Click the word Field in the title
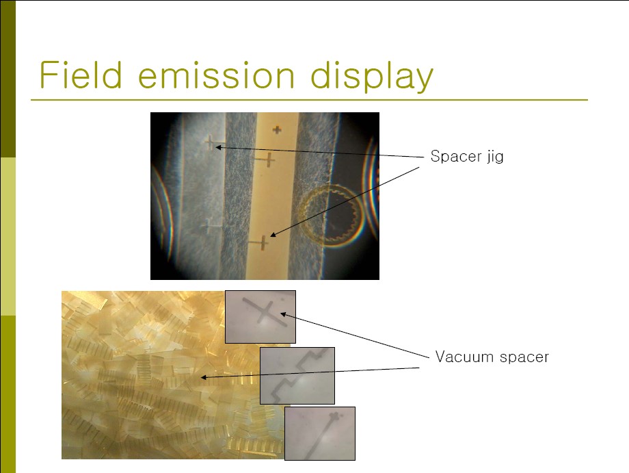pyautogui.click(x=80, y=75)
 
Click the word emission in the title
pyautogui.click(x=217, y=75)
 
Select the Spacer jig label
pyautogui.click(x=466, y=156)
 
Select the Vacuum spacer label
pyautogui.click(x=492, y=357)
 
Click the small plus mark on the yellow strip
pyautogui.click(x=277, y=129)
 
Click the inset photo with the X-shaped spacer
pyautogui.click(x=260, y=317)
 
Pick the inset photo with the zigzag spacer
pyautogui.click(x=297, y=375)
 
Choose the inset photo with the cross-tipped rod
pyautogui.click(x=320, y=433)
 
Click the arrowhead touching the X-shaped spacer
pyautogui.click(x=283, y=314)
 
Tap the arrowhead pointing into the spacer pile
pyautogui.click(x=203, y=377)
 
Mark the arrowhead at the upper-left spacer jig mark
pyautogui.click(x=219, y=147)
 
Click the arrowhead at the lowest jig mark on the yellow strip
pyautogui.click(x=272, y=235)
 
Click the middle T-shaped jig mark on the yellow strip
pyautogui.click(x=265, y=159)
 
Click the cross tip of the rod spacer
pyautogui.click(x=334, y=417)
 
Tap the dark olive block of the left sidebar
pyautogui.click(x=8, y=79)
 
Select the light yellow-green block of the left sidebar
pyautogui.click(x=8, y=237)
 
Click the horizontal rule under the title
pyautogui.click(x=309, y=99)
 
